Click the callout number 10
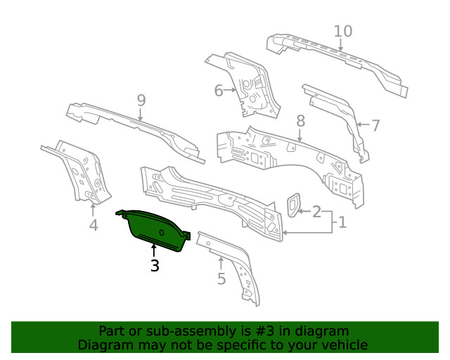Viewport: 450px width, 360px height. point(343,32)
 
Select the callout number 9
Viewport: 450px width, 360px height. point(141,101)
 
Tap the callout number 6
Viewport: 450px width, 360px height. point(218,91)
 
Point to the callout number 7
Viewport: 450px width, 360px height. point(375,126)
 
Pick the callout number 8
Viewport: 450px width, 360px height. point(301,121)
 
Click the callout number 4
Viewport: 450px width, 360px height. point(94,226)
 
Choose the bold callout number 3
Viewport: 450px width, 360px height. point(155,266)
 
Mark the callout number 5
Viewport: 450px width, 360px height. point(221,279)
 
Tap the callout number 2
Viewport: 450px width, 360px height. point(316,211)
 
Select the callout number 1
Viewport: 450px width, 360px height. point(342,223)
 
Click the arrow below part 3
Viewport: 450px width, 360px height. point(154,249)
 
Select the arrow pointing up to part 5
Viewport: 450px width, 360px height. point(221,263)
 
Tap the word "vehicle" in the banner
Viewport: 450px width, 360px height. point(343,345)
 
